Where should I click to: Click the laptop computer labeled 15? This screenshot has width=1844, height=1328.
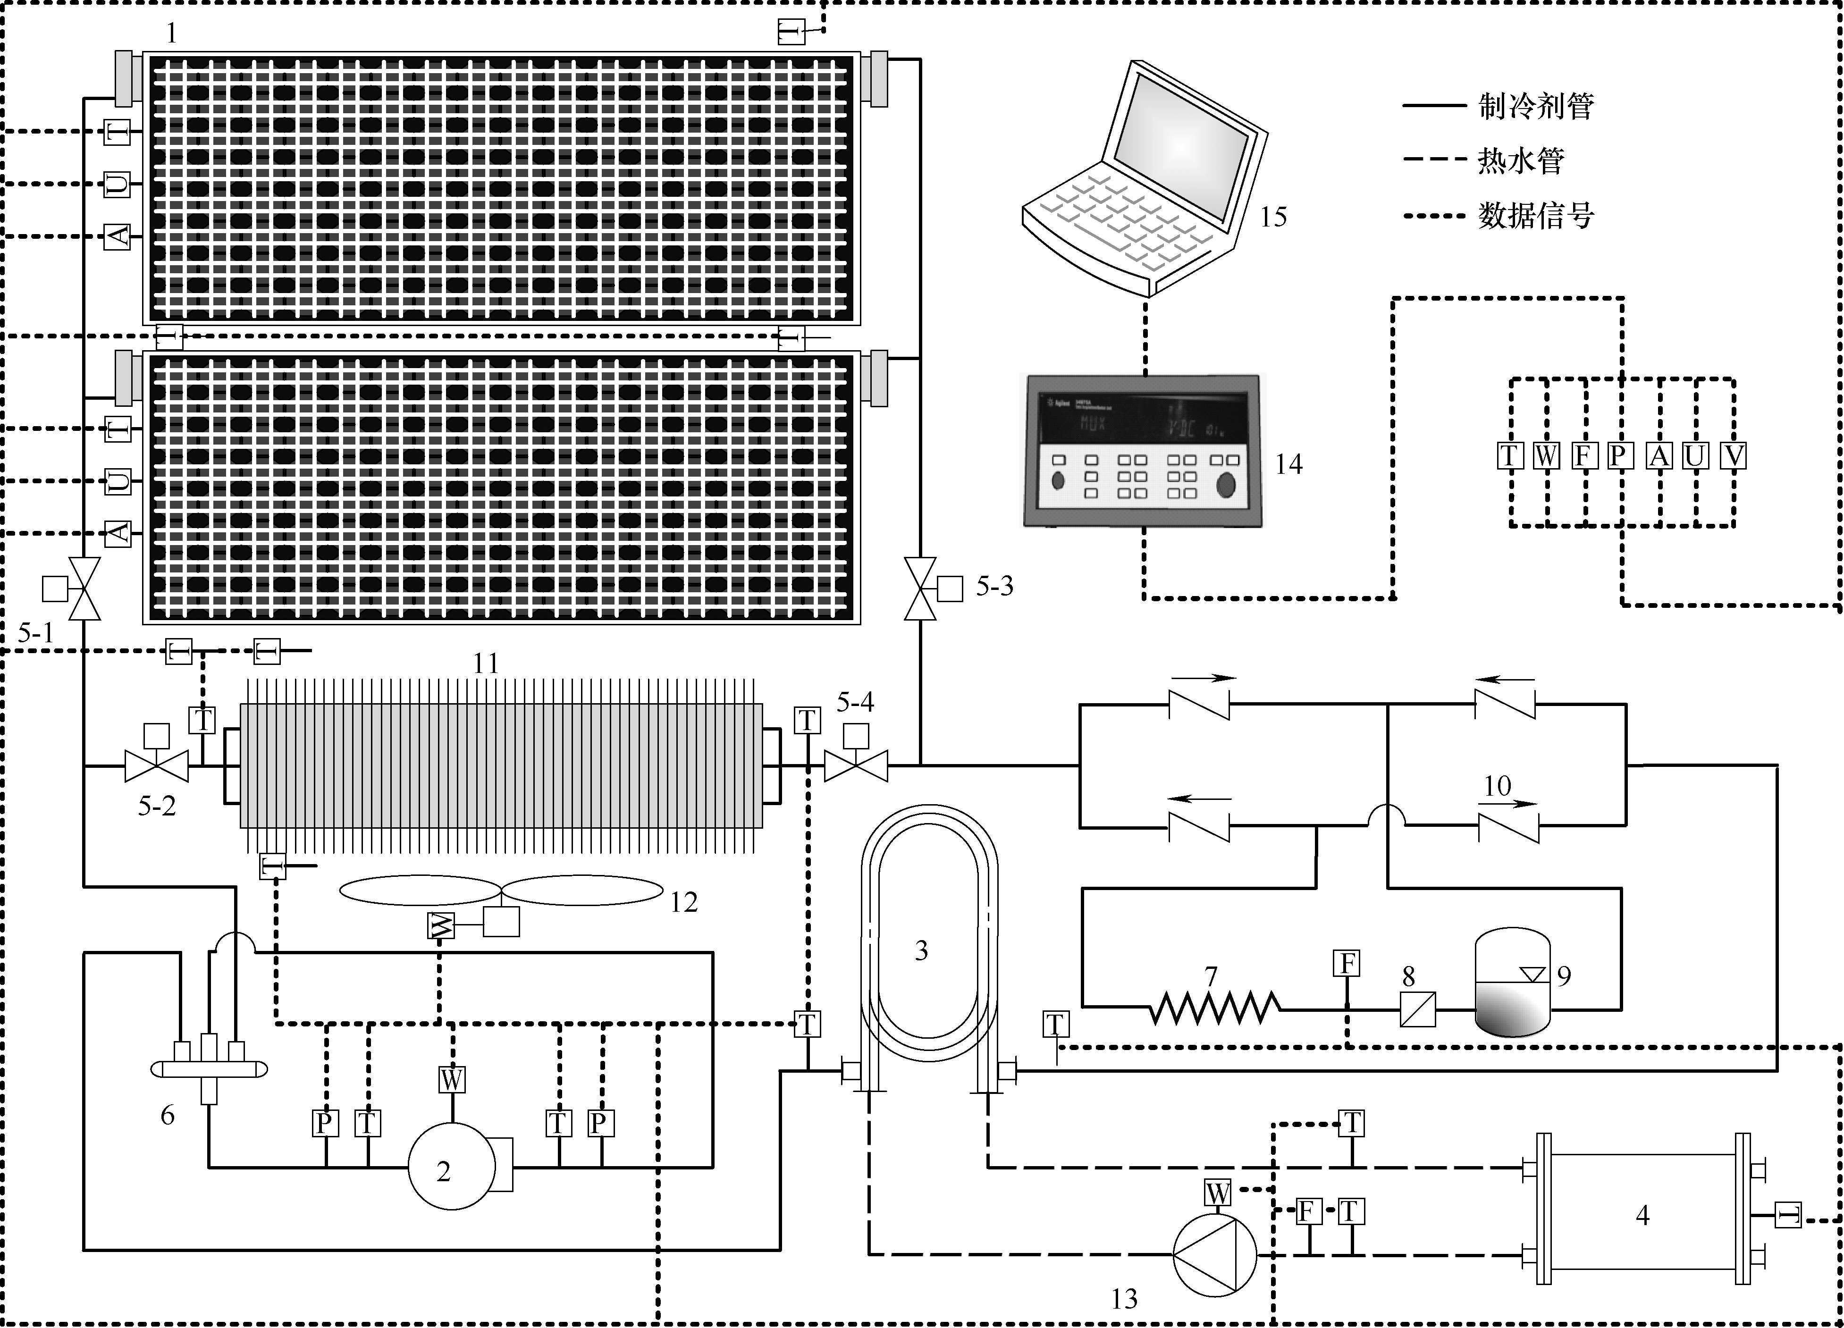pyautogui.click(x=1146, y=179)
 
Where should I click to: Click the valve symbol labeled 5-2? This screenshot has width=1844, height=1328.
pyautogui.click(x=156, y=765)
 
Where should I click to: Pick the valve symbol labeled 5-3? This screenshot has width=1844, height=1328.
pyautogui.click(x=920, y=588)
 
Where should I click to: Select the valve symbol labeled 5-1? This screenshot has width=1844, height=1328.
pyautogui.click(x=84, y=588)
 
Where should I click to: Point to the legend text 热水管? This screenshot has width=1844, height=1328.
pyautogui.click(x=1520, y=161)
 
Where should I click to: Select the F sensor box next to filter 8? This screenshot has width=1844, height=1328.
pyautogui.click(x=1347, y=964)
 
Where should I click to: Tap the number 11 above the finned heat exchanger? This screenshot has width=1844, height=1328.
pyautogui.click(x=486, y=663)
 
